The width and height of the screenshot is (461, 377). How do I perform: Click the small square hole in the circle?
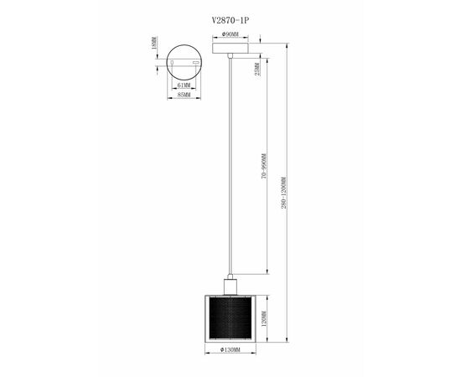point(173,61)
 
